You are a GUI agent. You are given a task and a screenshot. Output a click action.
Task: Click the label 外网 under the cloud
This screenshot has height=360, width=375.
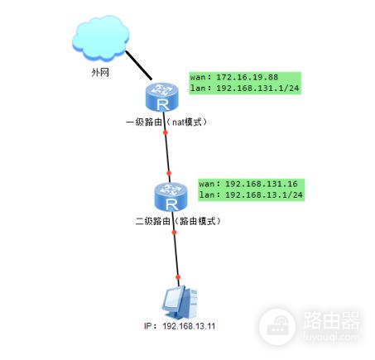click(100, 73)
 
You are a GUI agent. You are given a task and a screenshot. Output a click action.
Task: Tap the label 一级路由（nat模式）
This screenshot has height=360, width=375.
click(166, 122)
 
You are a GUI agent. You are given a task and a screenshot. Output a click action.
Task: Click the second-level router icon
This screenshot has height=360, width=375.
click(171, 199)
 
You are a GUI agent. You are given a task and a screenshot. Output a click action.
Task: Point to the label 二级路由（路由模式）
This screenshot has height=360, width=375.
click(177, 222)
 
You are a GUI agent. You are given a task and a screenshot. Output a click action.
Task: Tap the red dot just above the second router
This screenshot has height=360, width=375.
click(169, 175)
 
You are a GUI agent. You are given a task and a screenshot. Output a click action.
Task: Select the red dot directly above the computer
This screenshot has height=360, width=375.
click(177, 277)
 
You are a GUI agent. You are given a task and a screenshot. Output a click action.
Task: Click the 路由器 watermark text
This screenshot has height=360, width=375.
click(331, 319)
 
